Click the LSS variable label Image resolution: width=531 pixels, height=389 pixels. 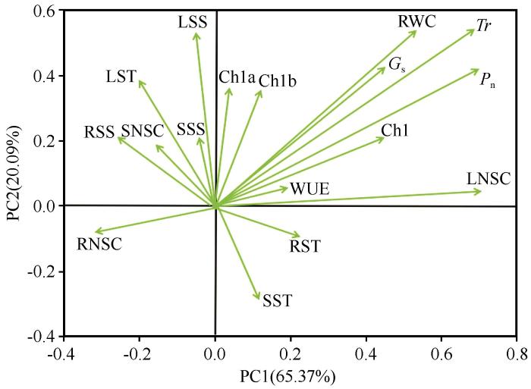click(193, 22)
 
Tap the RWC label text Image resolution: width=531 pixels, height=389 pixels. click(417, 21)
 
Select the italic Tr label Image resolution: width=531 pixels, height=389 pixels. click(484, 25)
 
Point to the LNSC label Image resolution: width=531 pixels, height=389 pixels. click(489, 178)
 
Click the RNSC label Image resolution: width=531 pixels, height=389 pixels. click(99, 243)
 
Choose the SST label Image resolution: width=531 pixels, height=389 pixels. click(277, 300)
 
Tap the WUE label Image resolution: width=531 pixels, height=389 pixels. click(309, 189)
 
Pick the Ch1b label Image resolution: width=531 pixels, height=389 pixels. click(278, 81)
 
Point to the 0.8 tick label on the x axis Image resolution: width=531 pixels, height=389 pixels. click(517, 354)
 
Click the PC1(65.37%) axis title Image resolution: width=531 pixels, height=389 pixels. click(287, 376)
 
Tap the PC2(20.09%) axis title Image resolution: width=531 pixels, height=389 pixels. click(14, 173)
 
